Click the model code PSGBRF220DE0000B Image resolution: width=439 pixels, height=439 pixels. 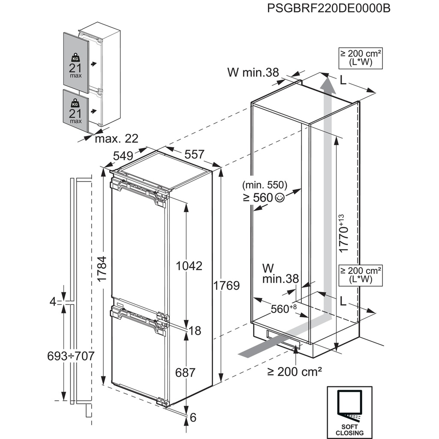(328, 9)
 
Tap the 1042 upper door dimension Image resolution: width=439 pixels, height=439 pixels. (189, 265)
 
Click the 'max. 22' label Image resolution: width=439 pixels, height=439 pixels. (117, 139)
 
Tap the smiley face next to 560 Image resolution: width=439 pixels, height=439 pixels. (280, 198)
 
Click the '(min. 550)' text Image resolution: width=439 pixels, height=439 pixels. (264, 186)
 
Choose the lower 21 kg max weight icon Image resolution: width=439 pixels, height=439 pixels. (75, 110)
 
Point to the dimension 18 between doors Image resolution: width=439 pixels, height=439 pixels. (195, 331)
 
